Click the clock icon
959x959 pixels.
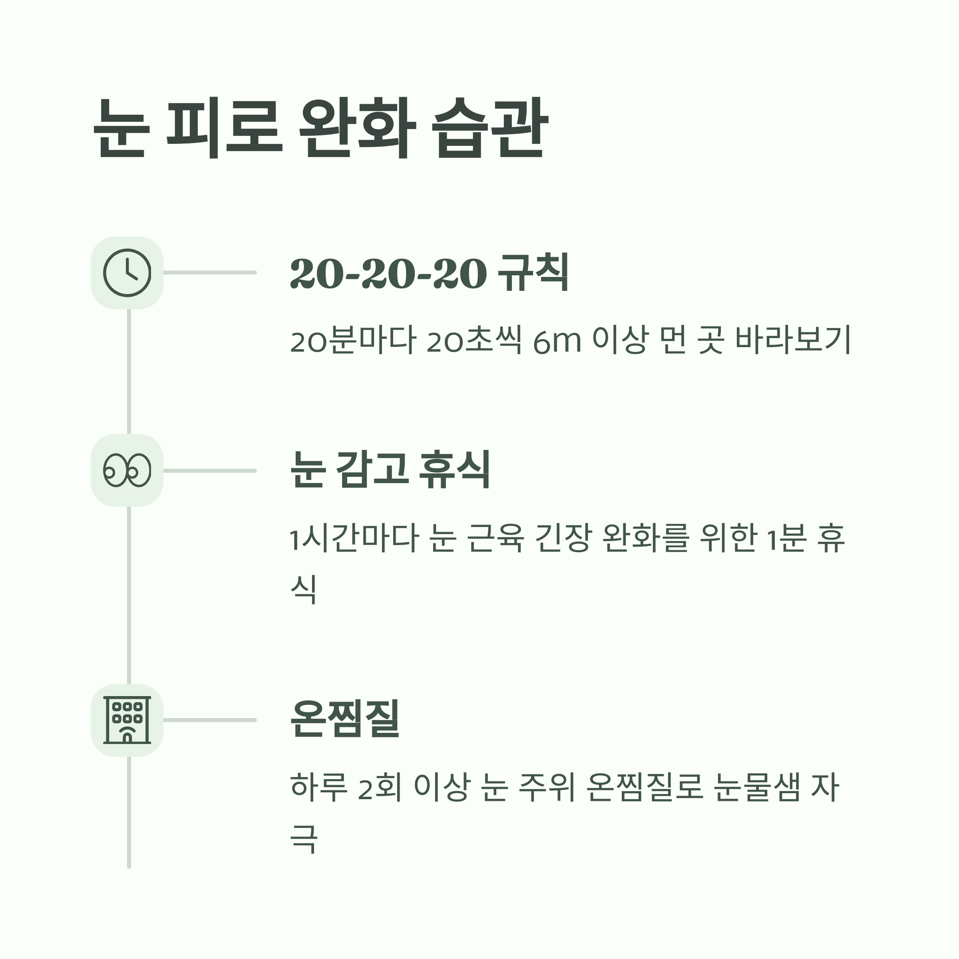pos(127,273)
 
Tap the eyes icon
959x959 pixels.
pos(127,470)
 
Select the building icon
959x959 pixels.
pos(127,720)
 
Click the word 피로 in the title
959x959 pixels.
pos(224,128)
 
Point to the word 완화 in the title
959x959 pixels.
pos(357,128)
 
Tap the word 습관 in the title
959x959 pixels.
pos(490,128)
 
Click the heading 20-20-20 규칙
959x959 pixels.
pos(430,273)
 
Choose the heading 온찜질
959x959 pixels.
pos(345,719)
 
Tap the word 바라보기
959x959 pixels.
pos(793,340)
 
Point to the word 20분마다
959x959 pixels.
pos(352,340)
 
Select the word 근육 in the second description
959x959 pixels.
pos(495,539)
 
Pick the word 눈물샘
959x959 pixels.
pos(756,787)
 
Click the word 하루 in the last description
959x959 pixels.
pos(319,787)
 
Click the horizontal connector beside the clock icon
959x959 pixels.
pos(209,273)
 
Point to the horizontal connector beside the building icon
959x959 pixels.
pos(209,720)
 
